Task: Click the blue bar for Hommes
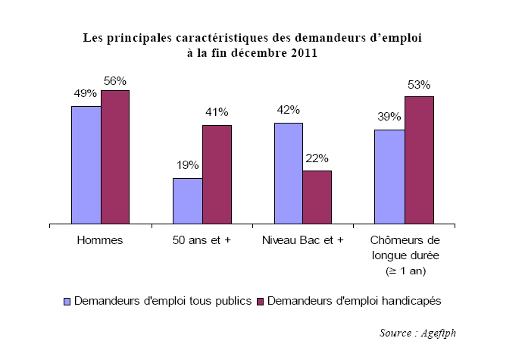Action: [x=86, y=165]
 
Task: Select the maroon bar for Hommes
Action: [x=115, y=157]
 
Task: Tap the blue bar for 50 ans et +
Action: [x=187, y=201]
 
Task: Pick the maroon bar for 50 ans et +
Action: [x=217, y=174]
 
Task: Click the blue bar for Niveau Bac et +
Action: [x=289, y=174]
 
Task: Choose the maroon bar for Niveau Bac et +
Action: [x=317, y=197]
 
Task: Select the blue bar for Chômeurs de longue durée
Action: [x=389, y=177]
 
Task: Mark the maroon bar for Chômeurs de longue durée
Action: [x=419, y=160]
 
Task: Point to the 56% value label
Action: [x=116, y=81]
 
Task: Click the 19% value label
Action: [x=188, y=165]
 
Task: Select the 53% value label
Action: [x=419, y=84]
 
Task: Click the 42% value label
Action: [x=289, y=110]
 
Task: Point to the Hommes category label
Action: [x=101, y=240]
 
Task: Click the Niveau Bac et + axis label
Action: [x=303, y=240]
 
